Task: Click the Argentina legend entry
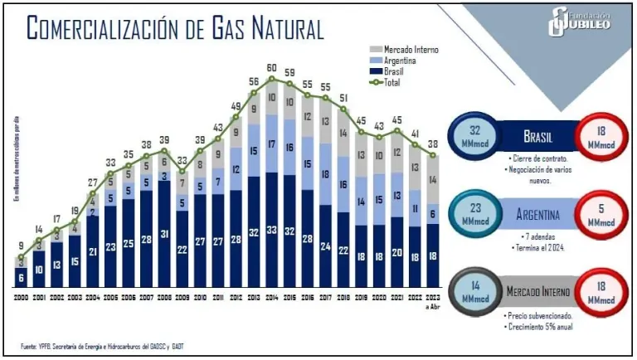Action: pos(400,61)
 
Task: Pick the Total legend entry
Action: pos(393,82)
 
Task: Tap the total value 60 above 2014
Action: pos(271,67)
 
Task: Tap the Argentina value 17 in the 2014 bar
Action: pos(271,144)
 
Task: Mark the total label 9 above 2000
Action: pos(22,245)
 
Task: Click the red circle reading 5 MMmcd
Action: pos(601,218)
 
